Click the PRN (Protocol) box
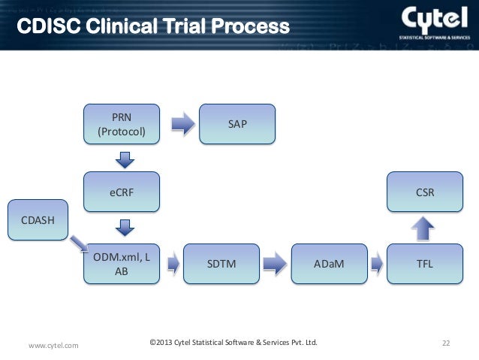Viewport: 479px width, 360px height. (121, 123)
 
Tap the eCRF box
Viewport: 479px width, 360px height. (121, 192)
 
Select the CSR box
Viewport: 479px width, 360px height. (424, 192)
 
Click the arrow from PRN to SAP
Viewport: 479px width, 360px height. (182, 123)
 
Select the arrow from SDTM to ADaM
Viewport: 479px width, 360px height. (275, 264)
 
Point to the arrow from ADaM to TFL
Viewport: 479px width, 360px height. (376, 264)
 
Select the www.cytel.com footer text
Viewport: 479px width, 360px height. (53, 345)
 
